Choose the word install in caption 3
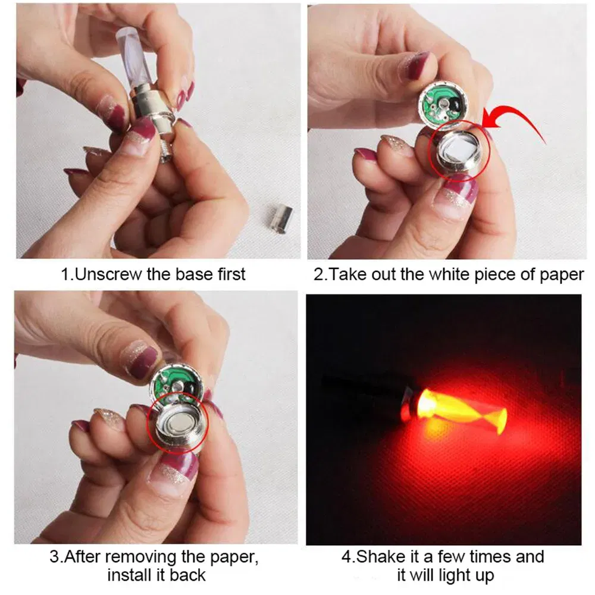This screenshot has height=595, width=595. (130, 575)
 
